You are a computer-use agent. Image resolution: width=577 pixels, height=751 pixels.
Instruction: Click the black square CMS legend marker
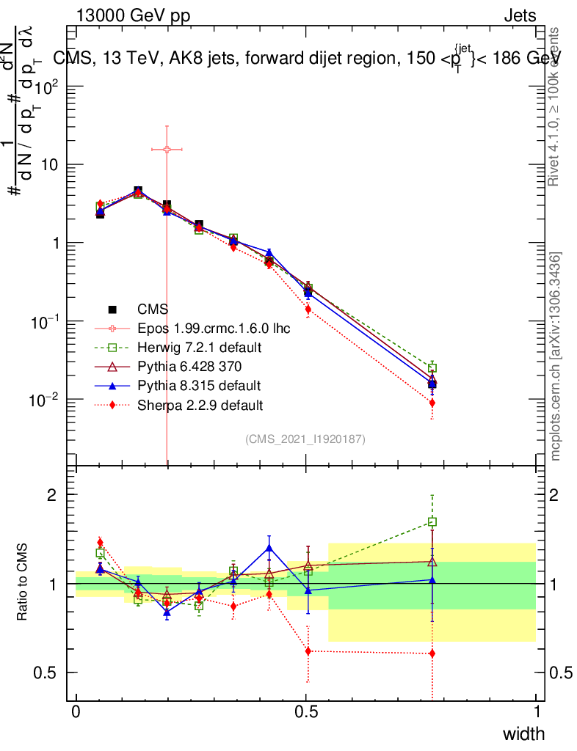point(112,309)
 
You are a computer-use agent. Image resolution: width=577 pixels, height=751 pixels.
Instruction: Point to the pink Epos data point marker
point(167,149)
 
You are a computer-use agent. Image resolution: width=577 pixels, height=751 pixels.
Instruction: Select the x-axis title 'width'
point(523,734)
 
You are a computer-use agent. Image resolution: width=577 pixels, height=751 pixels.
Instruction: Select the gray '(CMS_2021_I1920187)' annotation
point(305,439)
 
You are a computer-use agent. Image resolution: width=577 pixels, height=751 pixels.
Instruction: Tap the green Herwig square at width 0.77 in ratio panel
point(432,522)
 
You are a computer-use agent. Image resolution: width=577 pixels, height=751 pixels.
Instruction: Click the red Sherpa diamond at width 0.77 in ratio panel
point(432,653)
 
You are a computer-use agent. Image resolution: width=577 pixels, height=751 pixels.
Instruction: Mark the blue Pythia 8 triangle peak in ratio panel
point(269,547)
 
